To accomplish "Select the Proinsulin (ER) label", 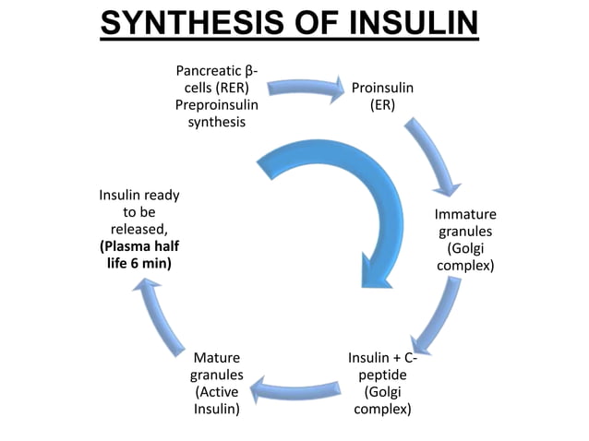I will (382, 96).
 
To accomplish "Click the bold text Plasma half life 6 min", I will (139, 255).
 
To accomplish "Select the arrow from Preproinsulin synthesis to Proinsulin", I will (300, 90).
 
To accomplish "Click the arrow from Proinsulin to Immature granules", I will (434, 157).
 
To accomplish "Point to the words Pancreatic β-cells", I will (217, 79).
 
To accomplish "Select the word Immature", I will (465, 215).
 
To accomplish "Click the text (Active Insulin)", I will (217, 399).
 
